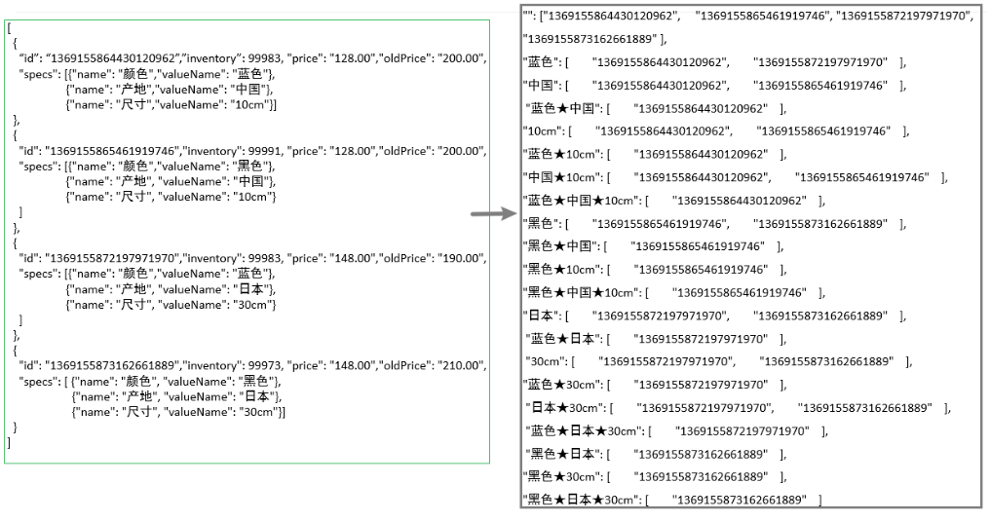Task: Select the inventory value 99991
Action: tap(260, 151)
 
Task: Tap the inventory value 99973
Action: tap(260, 365)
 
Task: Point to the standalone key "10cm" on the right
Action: tap(541, 131)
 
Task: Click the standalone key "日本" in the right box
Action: tap(541, 316)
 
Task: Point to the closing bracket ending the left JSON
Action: tap(10, 442)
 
